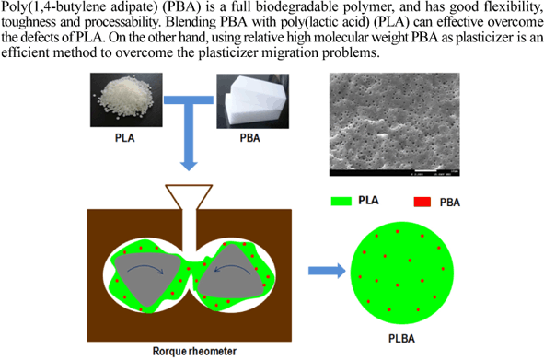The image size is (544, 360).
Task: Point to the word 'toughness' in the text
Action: [x=26, y=24]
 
